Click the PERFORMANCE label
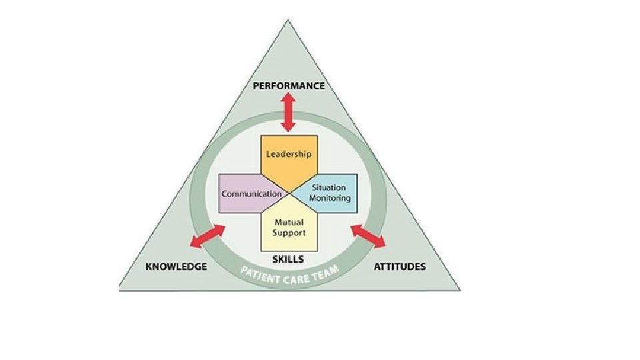(x=289, y=86)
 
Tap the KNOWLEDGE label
(x=176, y=267)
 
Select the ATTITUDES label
(x=400, y=267)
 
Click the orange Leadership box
(x=289, y=155)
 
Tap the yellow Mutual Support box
(x=289, y=229)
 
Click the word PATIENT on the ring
(x=256, y=273)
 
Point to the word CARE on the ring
(x=293, y=275)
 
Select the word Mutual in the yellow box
(x=289, y=223)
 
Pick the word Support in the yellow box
(x=289, y=233)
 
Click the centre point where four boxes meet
(x=289, y=194)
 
